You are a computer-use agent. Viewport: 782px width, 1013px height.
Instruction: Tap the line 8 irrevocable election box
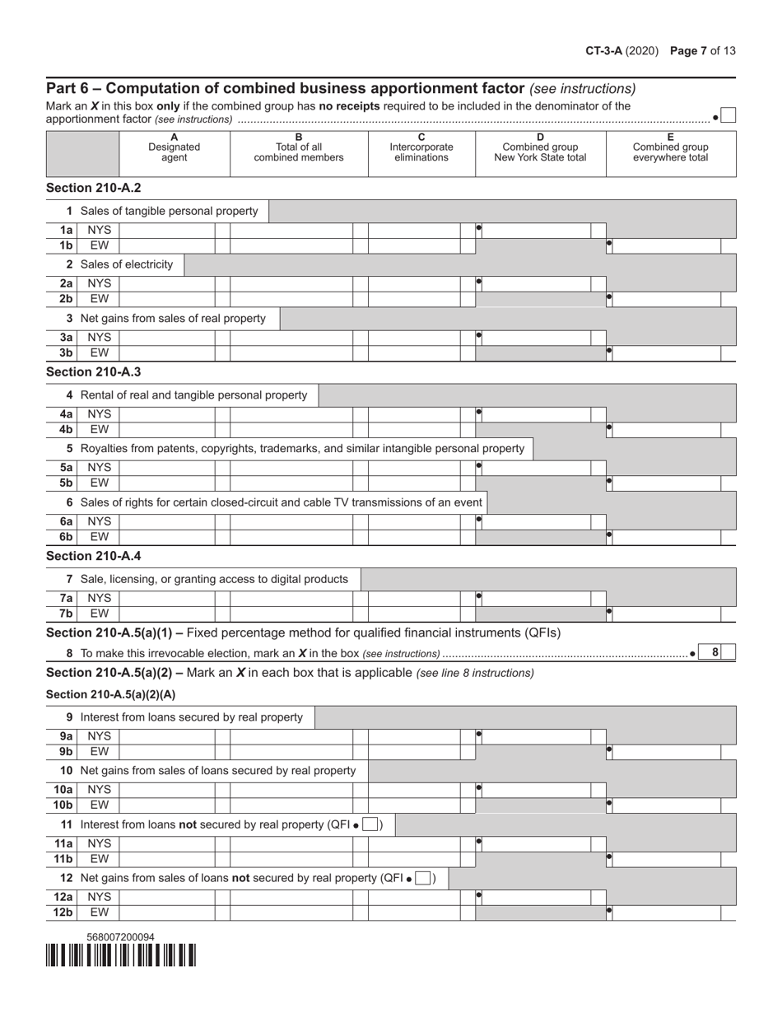(728, 652)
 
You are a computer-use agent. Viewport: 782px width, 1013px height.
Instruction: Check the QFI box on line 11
(370, 824)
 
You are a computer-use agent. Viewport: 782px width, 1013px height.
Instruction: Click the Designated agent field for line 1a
(167, 231)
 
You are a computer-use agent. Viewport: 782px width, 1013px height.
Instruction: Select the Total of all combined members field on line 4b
(291, 429)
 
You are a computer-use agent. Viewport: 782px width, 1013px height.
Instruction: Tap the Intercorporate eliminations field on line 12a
(414, 896)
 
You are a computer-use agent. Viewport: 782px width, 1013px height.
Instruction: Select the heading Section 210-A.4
(93, 555)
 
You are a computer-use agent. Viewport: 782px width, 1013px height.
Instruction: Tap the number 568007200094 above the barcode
(120, 936)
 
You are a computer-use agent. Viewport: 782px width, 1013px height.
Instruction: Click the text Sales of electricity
(127, 264)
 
